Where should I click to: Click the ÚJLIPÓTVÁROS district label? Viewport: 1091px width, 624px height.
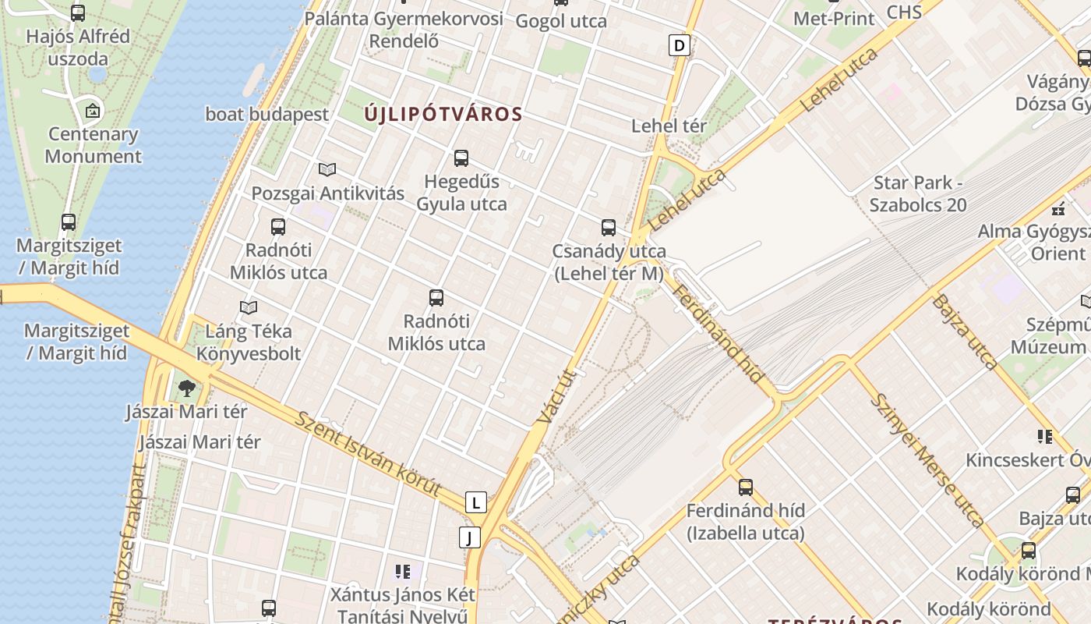[443, 114]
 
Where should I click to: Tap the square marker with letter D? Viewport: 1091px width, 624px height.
[680, 45]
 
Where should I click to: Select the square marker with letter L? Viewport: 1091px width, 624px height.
[475, 502]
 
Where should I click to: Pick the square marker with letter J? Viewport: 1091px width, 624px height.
[469, 537]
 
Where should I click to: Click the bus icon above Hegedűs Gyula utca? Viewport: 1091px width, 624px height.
[461, 158]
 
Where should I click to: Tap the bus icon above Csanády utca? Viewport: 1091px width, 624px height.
[609, 228]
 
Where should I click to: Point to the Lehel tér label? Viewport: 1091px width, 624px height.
[669, 126]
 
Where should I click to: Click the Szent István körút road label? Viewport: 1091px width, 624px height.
[369, 453]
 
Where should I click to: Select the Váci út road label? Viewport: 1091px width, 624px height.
[555, 397]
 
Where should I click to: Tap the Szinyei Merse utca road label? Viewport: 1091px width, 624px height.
[927, 459]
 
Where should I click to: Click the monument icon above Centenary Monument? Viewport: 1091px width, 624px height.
[93, 111]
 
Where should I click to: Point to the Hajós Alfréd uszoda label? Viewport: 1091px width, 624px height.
[78, 47]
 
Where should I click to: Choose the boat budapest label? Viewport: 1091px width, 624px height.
[267, 114]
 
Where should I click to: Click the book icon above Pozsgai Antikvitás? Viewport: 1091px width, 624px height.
[327, 169]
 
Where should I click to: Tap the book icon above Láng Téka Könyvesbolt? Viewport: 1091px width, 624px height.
[249, 307]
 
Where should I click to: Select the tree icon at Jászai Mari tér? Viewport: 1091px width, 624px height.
[186, 388]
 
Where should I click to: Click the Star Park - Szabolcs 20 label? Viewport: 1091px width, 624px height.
[918, 193]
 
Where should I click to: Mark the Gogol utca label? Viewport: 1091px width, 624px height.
[561, 21]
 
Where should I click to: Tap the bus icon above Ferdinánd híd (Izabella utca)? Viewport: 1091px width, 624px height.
[746, 487]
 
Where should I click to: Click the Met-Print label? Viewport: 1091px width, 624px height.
[834, 18]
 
